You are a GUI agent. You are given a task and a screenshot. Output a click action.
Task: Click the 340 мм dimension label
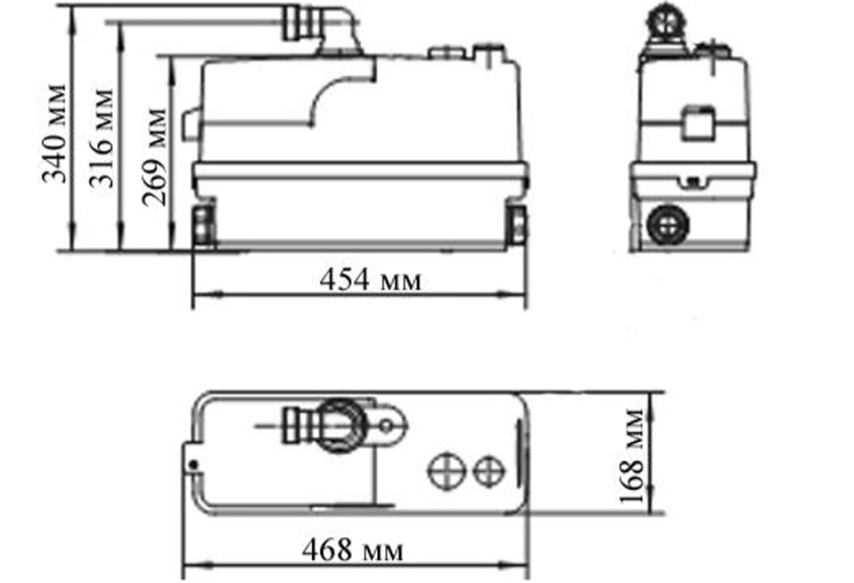point(54,134)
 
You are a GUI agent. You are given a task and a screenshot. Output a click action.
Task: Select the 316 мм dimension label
point(103,137)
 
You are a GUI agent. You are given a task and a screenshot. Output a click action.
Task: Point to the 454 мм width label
point(370,281)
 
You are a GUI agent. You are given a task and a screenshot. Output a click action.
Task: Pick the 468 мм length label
point(352,550)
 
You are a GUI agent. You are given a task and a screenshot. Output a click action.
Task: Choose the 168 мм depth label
point(633,455)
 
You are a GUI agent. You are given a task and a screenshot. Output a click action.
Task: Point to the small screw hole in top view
point(192,464)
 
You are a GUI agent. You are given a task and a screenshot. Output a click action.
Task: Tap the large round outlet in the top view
point(342,425)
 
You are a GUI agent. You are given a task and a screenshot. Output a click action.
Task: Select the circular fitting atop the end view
point(665,22)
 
